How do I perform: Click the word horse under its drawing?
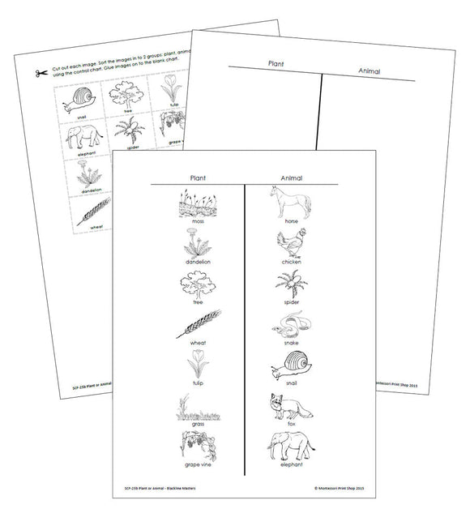pos(290,220)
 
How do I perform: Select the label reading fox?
pos(290,422)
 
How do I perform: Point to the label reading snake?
pos(290,342)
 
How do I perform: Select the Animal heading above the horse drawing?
pos(290,177)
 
